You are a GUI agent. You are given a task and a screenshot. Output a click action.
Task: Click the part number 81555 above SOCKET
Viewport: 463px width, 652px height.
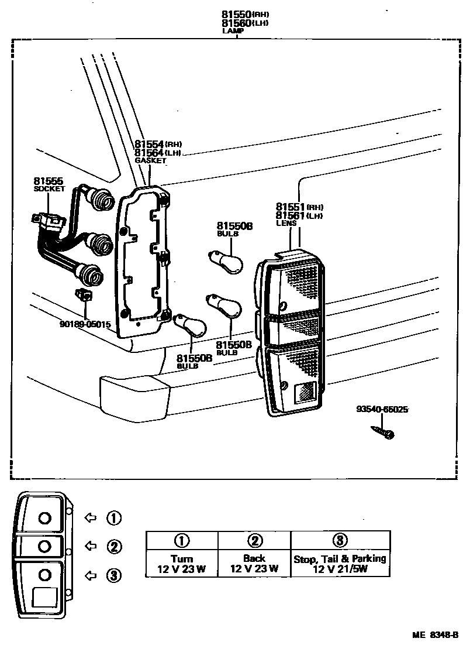coord(48,181)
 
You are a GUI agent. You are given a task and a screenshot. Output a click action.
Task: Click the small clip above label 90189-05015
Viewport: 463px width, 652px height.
coord(84,295)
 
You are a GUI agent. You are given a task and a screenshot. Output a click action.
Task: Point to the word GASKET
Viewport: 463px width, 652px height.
coord(151,160)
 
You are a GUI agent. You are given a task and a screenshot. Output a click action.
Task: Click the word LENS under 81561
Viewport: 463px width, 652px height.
coord(286,223)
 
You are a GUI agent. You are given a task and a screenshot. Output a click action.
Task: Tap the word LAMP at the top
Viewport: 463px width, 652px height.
coord(233,30)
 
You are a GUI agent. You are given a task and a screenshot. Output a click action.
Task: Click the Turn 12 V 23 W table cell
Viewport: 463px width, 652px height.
coord(182,564)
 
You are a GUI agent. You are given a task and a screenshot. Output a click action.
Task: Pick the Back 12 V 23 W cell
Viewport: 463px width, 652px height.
coord(254,564)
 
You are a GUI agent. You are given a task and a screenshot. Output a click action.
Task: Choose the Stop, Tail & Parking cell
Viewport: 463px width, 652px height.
coord(340,564)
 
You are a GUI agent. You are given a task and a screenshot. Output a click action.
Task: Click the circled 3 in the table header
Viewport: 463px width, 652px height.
coord(340,540)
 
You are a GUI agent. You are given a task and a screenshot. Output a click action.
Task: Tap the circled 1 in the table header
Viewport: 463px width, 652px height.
coord(182,540)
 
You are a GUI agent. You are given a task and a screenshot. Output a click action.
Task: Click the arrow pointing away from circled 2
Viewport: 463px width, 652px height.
coord(91,546)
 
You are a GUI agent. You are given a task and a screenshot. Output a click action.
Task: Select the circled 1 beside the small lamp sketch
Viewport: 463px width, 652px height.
coord(113,517)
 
